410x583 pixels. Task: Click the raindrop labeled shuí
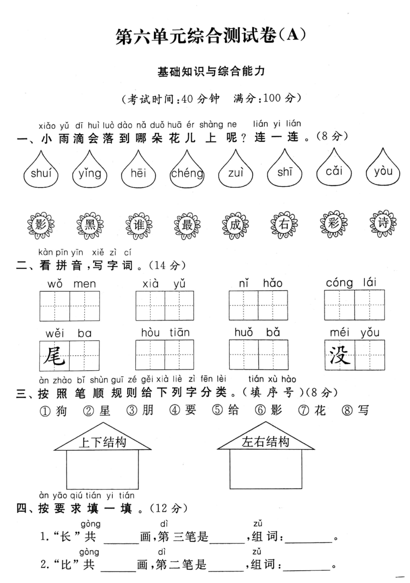point(41,173)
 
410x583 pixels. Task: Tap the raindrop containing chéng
point(187,173)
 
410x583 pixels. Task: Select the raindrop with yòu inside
point(383,172)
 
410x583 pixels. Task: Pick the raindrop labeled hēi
point(138,173)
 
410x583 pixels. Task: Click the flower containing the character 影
point(41,225)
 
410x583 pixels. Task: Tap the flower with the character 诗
point(383,223)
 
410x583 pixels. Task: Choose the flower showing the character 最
point(187,225)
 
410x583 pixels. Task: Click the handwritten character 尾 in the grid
point(55,356)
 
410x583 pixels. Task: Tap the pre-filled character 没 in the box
point(339,355)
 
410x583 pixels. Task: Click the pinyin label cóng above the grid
point(339,283)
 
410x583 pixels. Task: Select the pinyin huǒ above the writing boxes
point(243,332)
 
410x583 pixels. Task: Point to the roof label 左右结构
point(265,442)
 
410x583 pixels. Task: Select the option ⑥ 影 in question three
point(269,410)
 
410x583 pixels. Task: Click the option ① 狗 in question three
point(54,411)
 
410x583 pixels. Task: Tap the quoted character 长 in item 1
point(66,537)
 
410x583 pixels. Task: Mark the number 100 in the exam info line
point(271,98)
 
